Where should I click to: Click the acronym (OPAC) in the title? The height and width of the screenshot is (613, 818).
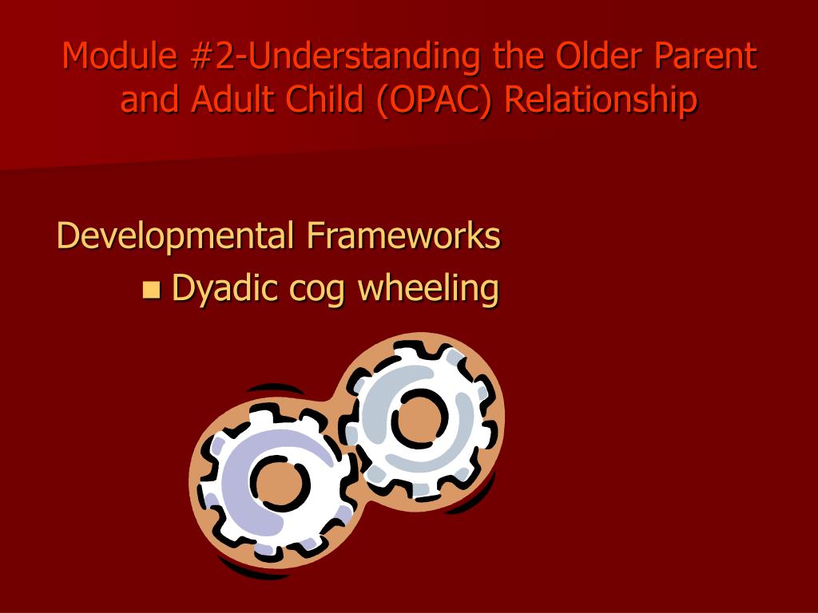click(x=433, y=100)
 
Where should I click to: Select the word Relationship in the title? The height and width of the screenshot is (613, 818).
click(x=601, y=100)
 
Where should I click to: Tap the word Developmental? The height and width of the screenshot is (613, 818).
click(x=175, y=236)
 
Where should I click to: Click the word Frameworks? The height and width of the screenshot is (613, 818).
click(x=403, y=235)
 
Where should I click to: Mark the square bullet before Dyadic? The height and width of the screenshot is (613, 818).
click(x=151, y=289)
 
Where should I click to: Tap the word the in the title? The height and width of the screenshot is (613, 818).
click(x=518, y=55)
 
